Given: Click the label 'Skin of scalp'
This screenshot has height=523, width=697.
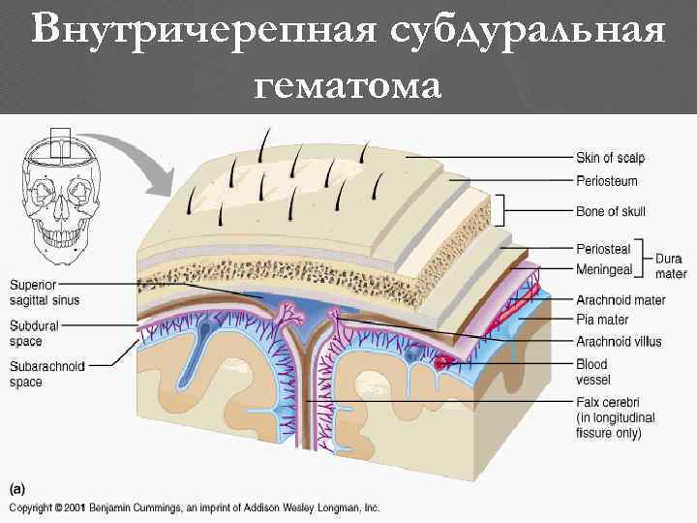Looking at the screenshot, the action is [610, 158].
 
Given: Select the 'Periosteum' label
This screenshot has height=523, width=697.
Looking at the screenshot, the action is [606, 181].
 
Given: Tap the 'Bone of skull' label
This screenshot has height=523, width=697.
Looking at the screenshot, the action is [610, 211].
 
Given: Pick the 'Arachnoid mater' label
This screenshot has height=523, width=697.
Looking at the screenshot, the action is [621, 300].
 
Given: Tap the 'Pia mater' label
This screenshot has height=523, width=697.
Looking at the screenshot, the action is [602, 320].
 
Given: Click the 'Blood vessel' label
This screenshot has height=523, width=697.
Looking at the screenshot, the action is [592, 373].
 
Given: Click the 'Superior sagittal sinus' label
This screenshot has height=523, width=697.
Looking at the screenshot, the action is [45, 292].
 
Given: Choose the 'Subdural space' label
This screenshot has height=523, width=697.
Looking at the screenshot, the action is [33, 333].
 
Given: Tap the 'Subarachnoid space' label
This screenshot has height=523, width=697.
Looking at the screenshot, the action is [47, 374].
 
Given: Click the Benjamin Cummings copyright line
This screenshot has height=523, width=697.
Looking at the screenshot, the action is [195, 508].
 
